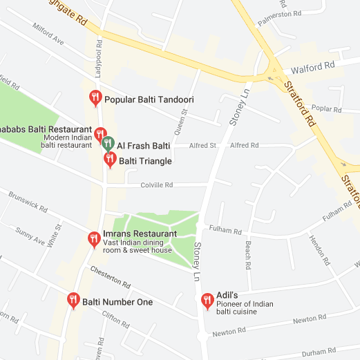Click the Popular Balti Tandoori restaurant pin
96,99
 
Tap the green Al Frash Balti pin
108,144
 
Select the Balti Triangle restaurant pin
109,160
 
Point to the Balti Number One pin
73,300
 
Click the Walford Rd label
313,68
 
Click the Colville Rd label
157,185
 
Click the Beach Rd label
247,252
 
